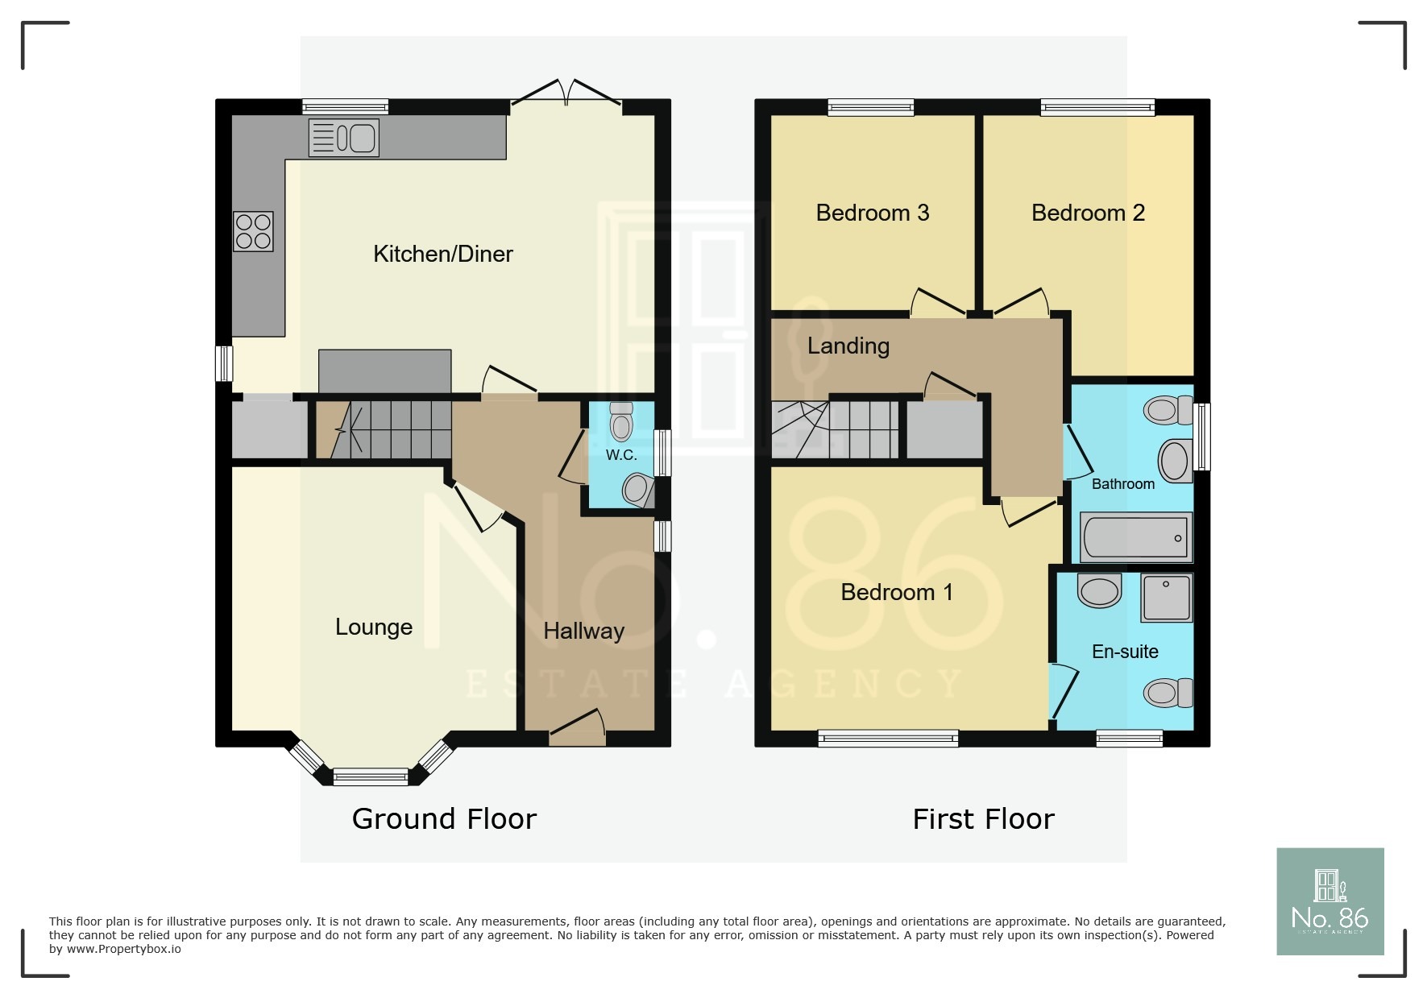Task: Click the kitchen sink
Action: pyautogui.click(x=344, y=138)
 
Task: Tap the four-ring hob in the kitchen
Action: pyautogui.click(x=253, y=231)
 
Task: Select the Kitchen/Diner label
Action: pyautogui.click(x=442, y=254)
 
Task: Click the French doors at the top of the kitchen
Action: pyautogui.click(x=566, y=95)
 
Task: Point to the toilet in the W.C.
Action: pyautogui.click(x=621, y=421)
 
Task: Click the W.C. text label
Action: pyautogui.click(x=621, y=455)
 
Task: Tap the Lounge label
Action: pyautogui.click(x=374, y=627)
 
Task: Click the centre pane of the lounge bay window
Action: pyautogui.click(x=371, y=776)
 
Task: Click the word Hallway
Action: pyautogui.click(x=583, y=631)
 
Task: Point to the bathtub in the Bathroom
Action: pyautogui.click(x=1135, y=537)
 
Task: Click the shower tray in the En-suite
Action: pyautogui.click(x=1166, y=598)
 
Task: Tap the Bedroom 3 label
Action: pyautogui.click(x=872, y=213)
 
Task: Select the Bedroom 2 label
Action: pyautogui.click(x=1088, y=213)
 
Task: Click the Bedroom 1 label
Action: pyautogui.click(x=896, y=592)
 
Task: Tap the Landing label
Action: pyautogui.click(x=848, y=346)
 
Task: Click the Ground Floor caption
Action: pyautogui.click(x=444, y=819)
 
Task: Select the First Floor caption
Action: pyautogui.click(x=983, y=819)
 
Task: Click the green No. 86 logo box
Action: pyautogui.click(x=1330, y=901)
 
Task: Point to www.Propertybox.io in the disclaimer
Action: pyautogui.click(x=123, y=949)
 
